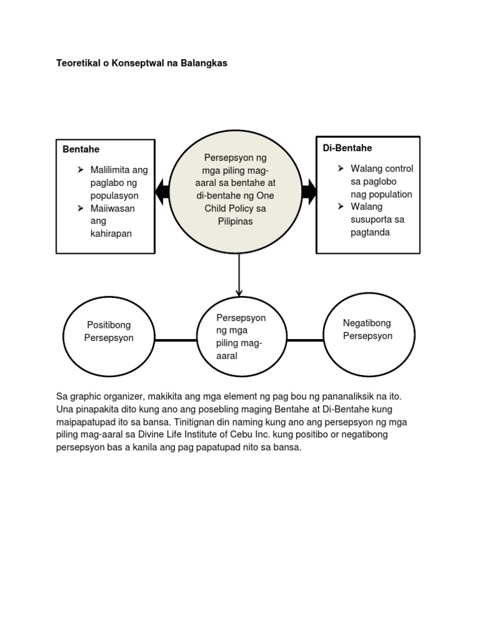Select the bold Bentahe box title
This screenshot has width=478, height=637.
[81, 149]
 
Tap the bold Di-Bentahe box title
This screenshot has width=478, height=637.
[347, 148]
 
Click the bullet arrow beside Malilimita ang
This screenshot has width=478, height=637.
[80, 169]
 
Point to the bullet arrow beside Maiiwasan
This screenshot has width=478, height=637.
[80, 208]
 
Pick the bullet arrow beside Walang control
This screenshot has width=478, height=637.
[340, 168]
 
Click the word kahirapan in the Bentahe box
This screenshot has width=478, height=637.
[111, 234]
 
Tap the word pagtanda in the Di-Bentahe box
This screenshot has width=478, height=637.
[370, 233]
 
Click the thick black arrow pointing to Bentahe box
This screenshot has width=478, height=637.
[162, 191]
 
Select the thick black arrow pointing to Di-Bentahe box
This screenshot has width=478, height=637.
[309, 191]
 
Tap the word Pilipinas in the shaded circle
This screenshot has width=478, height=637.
[235, 221]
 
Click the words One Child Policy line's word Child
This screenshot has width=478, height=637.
[217, 208]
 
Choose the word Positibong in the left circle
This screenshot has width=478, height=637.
[109, 325]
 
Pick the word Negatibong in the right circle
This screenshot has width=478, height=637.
[367, 323]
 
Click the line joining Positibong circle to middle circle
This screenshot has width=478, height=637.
[176, 340]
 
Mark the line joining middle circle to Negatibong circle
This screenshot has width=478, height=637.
[305, 340]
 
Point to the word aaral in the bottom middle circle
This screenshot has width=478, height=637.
[227, 356]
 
